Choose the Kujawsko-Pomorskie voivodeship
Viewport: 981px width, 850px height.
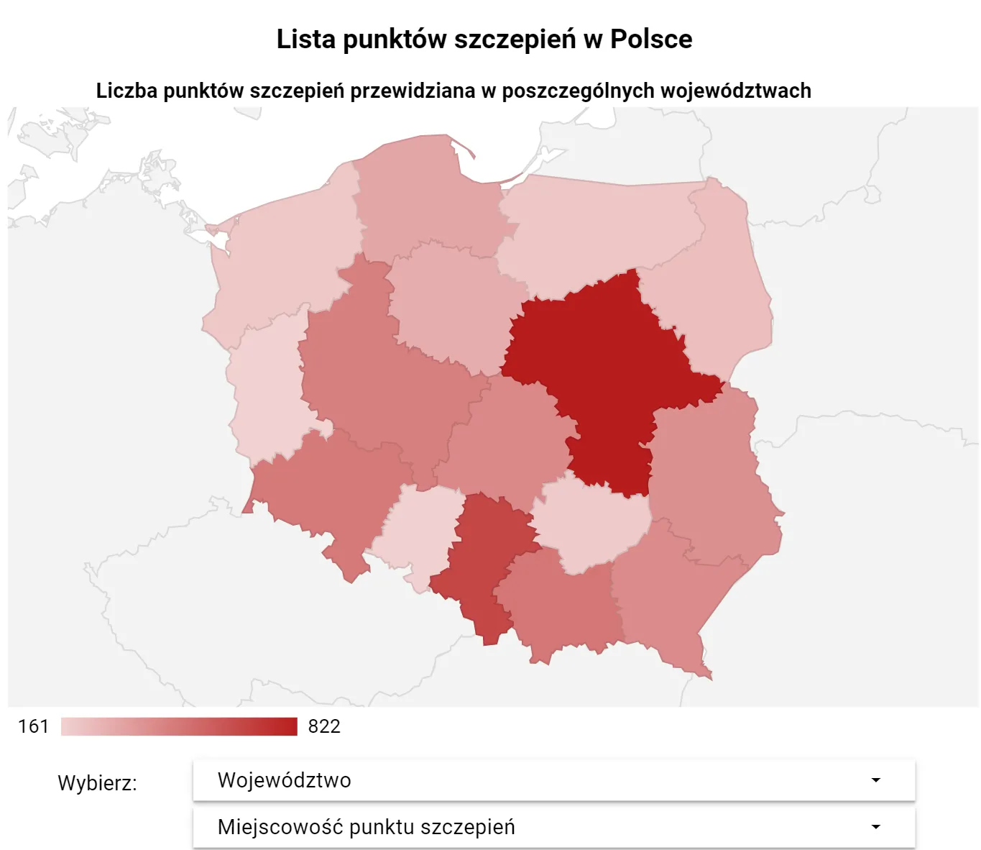tap(453, 302)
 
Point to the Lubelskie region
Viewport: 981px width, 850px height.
tap(711, 475)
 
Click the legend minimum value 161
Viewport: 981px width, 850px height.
tap(33, 726)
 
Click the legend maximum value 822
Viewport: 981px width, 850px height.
tap(324, 726)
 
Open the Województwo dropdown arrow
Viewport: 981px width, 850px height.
tap(875, 780)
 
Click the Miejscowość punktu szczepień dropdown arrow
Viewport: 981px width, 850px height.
tap(875, 827)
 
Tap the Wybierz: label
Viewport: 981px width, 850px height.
tap(97, 782)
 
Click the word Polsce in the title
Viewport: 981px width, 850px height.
tap(651, 40)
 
